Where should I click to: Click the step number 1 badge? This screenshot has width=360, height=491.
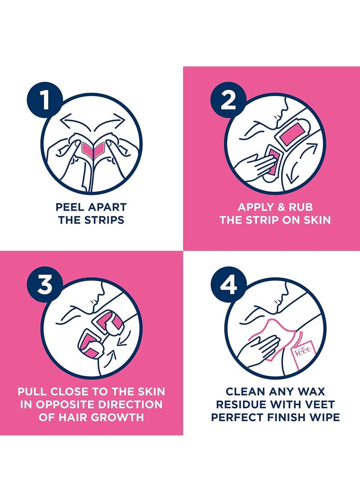[x=45, y=100]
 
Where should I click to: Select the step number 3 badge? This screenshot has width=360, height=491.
[x=45, y=284]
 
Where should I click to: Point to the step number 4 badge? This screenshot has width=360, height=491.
[x=228, y=284]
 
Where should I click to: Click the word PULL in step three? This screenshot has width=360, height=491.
[x=32, y=392]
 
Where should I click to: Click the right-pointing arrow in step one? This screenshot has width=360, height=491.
[x=110, y=121]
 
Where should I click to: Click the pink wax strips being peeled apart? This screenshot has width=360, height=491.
[x=92, y=149]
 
